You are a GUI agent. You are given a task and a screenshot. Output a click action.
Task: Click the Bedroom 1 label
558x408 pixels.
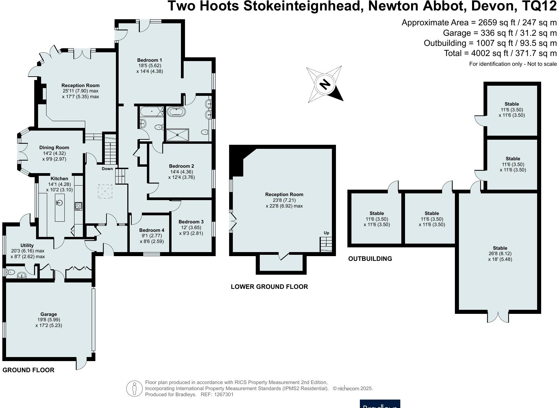pos(150,60)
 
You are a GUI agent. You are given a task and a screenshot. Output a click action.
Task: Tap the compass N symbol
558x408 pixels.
pos(325,84)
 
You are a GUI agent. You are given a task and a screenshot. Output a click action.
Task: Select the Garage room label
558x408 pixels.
pos(49,314)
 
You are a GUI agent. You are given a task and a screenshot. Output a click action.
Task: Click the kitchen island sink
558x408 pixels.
pos(60,203)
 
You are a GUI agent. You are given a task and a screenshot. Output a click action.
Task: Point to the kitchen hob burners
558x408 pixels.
pos(78,206)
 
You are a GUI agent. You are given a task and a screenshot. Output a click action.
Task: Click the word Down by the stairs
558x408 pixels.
pos(107,169)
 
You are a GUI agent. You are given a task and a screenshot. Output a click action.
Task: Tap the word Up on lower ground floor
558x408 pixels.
pos(326,233)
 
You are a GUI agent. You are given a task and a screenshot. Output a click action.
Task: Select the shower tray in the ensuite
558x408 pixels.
pos(178,135)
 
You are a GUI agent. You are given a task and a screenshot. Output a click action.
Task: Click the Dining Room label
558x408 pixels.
pos(54,147)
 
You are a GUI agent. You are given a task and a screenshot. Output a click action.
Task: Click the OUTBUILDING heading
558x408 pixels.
pos(370,259)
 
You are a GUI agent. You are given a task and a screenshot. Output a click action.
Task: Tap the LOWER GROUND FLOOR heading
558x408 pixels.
pos(269,287)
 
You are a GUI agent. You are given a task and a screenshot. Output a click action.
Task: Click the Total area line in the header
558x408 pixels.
pos(500,53)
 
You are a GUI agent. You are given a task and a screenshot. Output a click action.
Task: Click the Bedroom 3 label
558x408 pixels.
pos(191,222)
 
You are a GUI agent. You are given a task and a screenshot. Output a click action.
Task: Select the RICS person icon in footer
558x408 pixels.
pos(134,388)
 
